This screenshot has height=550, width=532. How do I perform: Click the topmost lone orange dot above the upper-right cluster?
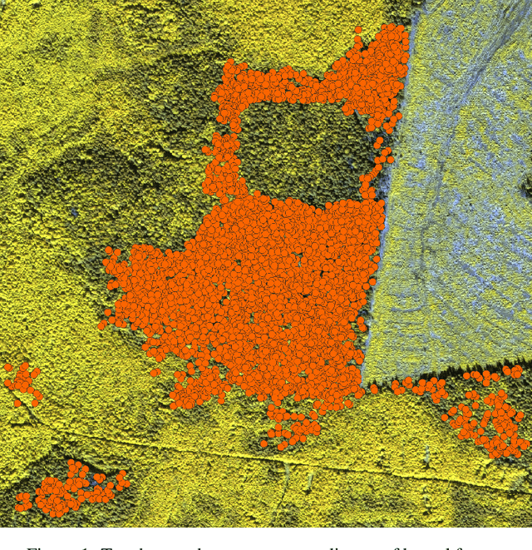click(358, 30)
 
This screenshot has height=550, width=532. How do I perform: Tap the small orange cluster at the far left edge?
click(22, 382)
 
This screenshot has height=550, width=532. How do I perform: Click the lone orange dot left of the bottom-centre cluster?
click(264, 443)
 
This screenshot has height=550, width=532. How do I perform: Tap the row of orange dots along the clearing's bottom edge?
click(416, 385)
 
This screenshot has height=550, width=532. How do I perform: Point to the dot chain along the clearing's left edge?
click(376, 166)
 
